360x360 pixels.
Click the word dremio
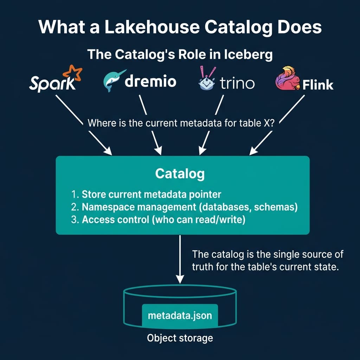coord(150,82)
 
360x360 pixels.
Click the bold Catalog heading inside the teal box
coord(180,173)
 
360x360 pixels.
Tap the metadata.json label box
coord(180,315)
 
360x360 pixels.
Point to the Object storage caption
coord(180,338)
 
